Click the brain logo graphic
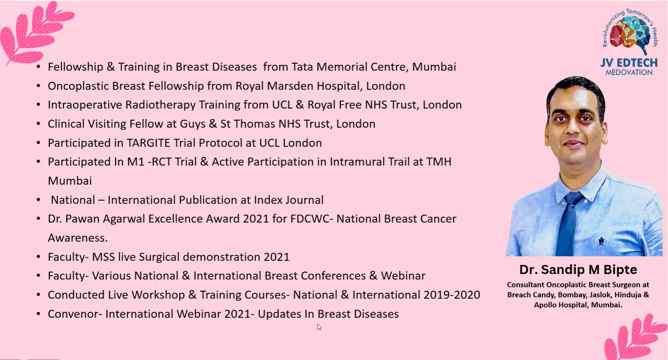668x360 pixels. [x=630, y=33]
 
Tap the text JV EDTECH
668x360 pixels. [x=629, y=63]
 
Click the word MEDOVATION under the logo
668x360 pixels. [x=629, y=72]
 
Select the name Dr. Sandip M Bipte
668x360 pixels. [x=578, y=270]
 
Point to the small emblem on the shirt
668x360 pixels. [x=602, y=241]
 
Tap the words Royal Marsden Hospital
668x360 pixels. [x=299, y=86]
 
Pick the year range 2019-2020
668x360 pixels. [x=452, y=295]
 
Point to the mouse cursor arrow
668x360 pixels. [x=319, y=327]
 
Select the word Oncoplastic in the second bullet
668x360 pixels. [x=78, y=86]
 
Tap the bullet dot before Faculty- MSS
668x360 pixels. [x=38, y=257]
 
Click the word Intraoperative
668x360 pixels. [x=85, y=105]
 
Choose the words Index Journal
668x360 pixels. [x=289, y=200]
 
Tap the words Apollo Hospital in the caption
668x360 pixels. [x=560, y=305]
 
